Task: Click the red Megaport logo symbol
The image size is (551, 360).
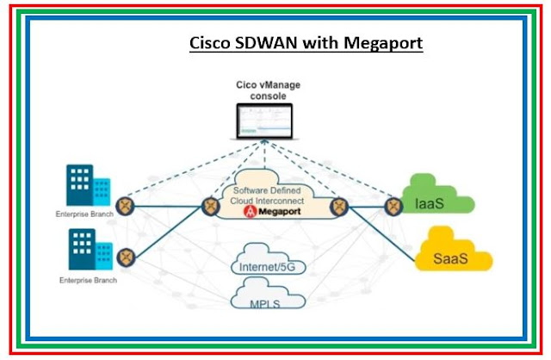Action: tap(250, 213)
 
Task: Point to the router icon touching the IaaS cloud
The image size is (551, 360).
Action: tap(394, 206)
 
